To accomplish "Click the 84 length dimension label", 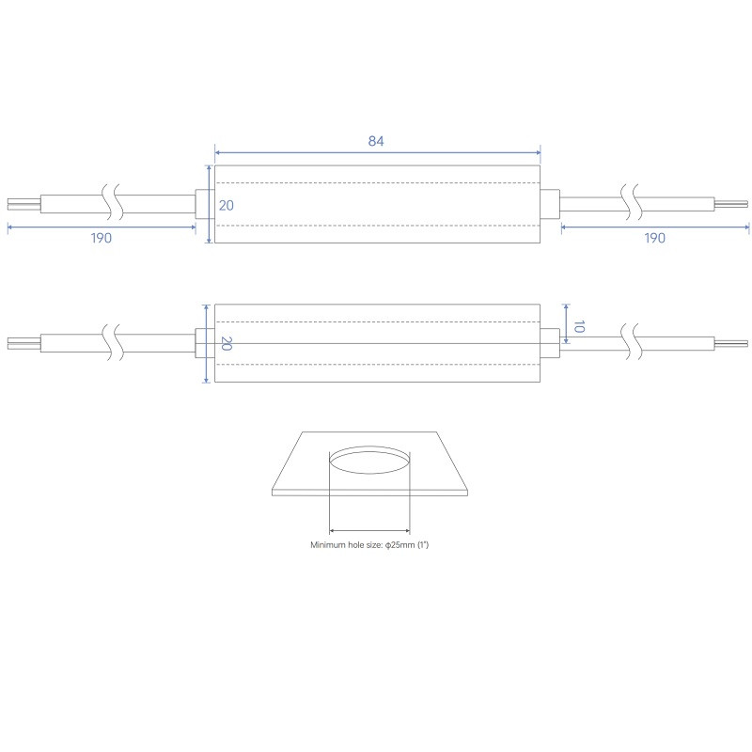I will click(376, 141).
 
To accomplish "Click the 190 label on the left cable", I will click(102, 238).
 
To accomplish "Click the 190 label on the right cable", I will click(655, 238).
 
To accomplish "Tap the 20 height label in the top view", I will click(226, 205).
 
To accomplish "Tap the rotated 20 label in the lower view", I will click(225, 344).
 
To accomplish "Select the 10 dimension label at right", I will click(579, 327).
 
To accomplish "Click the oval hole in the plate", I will click(369, 462).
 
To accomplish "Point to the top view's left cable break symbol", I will click(112, 204).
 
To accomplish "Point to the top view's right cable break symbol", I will click(631, 204).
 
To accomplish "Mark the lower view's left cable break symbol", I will click(112, 344).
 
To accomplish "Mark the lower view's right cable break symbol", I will click(631, 344).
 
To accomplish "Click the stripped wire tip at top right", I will click(730, 204).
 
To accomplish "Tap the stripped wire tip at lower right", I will click(730, 344).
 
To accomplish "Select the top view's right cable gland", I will click(550, 205).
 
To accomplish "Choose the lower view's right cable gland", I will click(550, 344).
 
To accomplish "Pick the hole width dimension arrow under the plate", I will click(369, 530).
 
